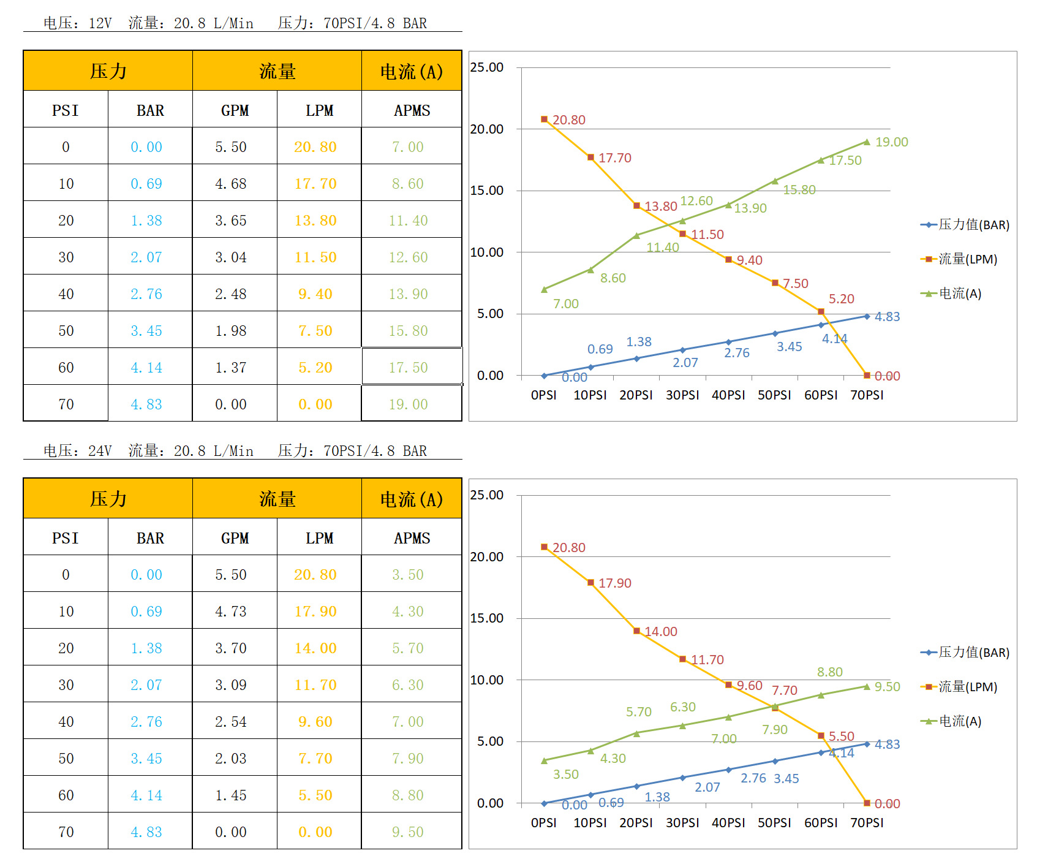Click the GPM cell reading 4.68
[231, 184]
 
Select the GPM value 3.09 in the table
[231, 685]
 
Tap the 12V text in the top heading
[100, 23]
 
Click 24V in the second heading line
[100, 451]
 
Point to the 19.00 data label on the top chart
[891, 142]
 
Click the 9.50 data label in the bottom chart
[887, 687]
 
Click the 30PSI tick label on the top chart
[682, 395]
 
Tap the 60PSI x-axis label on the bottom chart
[821, 823]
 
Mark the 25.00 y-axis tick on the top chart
[487, 67]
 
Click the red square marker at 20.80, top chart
[544, 119]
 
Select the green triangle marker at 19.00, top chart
[867, 142]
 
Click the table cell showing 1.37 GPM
[231, 368]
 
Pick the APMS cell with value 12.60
[408, 257]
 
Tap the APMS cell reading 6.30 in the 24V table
[408, 685]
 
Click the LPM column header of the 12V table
[319, 110]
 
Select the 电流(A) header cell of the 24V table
[412, 499]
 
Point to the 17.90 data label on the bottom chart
[614, 583]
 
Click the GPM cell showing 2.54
[231, 722]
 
